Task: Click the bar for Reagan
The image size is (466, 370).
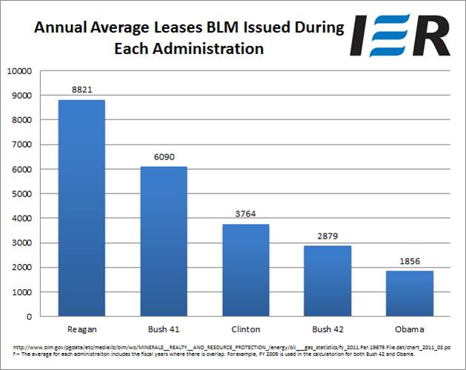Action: [81, 208]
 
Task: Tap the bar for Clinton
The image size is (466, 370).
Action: [246, 270]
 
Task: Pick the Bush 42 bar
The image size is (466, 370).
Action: [327, 281]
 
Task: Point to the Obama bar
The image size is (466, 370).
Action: [410, 294]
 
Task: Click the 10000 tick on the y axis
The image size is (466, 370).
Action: [19, 71]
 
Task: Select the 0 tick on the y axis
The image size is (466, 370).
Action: [29, 317]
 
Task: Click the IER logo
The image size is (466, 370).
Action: [400, 35]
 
